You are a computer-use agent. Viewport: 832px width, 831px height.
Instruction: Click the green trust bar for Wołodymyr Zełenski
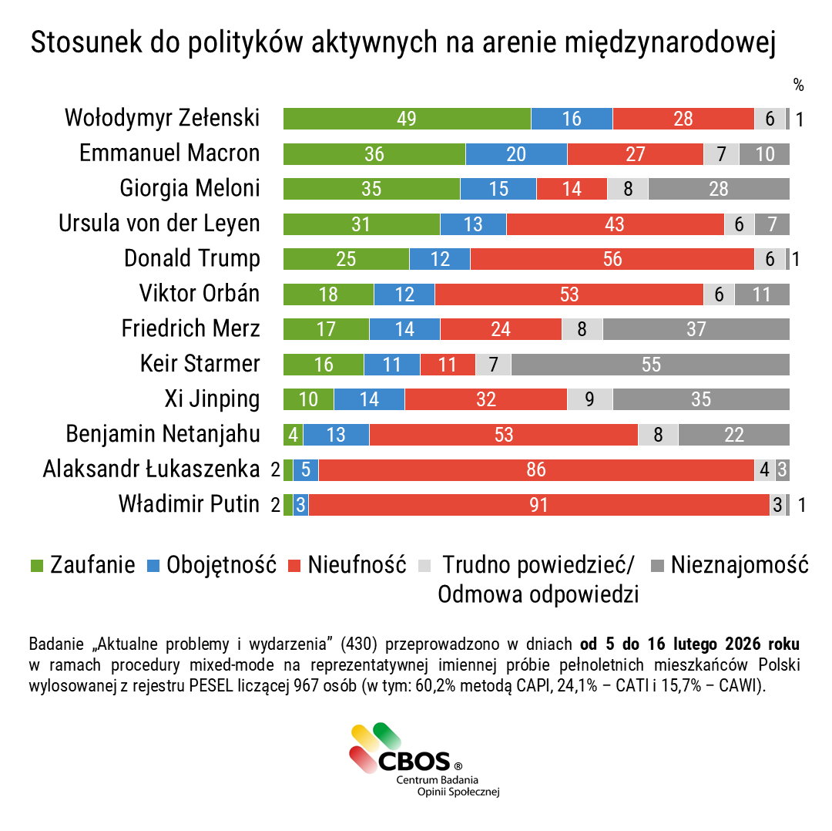click(407, 119)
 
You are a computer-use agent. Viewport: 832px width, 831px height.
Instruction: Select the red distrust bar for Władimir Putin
click(538, 505)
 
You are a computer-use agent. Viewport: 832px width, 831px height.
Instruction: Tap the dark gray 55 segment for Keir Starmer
click(650, 364)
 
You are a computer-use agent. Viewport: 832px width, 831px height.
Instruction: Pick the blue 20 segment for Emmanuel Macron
click(516, 154)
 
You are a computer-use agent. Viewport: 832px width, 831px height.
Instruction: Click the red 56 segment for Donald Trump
click(612, 259)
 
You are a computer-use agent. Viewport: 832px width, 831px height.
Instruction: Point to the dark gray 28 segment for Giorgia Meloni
click(718, 189)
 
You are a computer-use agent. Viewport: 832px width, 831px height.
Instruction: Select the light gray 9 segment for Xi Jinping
click(589, 399)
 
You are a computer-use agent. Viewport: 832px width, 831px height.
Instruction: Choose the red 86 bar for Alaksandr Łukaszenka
click(536, 469)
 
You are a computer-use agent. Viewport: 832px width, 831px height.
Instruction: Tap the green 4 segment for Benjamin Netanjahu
click(294, 435)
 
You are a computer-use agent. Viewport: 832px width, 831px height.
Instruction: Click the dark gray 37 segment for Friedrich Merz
click(696, 329)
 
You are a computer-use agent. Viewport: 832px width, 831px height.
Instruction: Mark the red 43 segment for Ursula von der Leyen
click(615, 224)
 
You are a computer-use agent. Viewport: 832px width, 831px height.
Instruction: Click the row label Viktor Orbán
click(199, 294)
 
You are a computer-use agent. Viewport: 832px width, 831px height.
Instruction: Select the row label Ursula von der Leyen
click(159, 224)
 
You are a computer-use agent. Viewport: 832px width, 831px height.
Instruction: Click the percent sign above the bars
click(798, 85)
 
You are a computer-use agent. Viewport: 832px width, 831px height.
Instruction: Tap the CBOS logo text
click(414, 762)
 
